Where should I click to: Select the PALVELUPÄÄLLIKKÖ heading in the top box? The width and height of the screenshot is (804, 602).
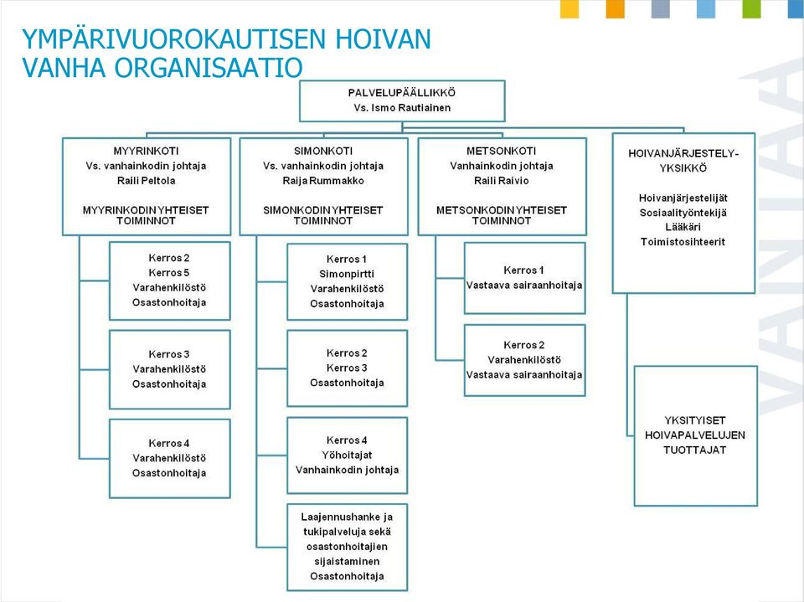pos(402,93)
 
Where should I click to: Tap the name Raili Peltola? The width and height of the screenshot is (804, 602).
pos(146,181)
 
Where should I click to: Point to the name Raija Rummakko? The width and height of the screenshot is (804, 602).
pos(323,181)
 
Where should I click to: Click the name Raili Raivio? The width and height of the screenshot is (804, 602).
pos(501,181)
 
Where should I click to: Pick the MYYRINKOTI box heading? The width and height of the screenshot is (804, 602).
pos(146,151)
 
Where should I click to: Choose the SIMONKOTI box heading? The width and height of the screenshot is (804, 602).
pos(323,151)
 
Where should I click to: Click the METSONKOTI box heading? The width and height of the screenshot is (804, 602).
pos(501,151)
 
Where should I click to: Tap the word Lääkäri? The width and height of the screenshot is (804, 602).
pos(683,227)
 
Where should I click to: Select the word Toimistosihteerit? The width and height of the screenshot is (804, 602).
pos(683,241)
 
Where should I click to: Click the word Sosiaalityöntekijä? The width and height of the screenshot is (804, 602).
pos(683,213)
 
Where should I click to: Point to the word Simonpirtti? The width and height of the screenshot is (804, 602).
pos(347,274)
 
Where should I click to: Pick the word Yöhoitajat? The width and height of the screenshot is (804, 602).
pos(347,455)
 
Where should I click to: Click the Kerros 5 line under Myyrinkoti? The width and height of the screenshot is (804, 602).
pos(169,272)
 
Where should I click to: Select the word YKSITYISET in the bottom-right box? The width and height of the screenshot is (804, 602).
pos(695,420)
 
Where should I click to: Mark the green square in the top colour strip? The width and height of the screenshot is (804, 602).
pos(751,9)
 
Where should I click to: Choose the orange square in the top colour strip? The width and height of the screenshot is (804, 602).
pos(616,9)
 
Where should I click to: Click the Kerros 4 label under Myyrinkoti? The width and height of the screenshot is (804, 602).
pos(169,443)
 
